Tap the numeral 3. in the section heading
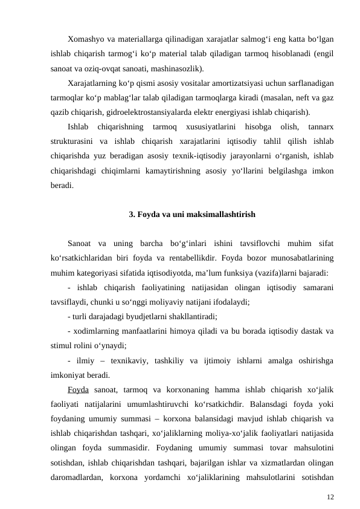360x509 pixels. point(133,214)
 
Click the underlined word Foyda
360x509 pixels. point(79,389)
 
